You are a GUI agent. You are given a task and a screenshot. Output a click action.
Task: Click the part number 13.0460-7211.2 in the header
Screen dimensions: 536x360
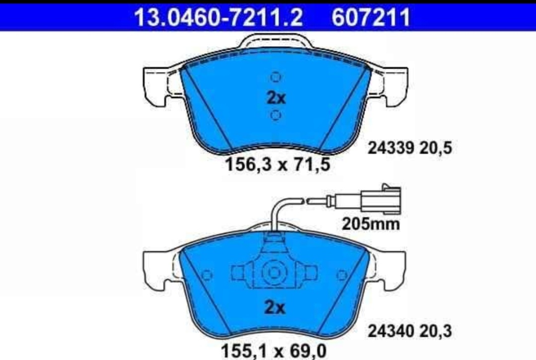[218, 17]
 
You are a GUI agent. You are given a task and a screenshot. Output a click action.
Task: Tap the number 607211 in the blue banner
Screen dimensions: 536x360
[371, 17]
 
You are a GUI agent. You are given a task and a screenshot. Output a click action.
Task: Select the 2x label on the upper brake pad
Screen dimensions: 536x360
[276, 98]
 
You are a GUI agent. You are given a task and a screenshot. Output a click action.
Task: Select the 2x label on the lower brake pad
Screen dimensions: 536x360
[275, 308]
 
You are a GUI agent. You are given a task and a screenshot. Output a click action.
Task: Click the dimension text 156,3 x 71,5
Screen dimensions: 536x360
[278, 164]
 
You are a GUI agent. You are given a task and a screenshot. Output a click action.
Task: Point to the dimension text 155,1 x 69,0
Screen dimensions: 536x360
[274, 350]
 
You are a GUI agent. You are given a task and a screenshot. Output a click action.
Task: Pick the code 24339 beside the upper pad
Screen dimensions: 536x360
[391, 148]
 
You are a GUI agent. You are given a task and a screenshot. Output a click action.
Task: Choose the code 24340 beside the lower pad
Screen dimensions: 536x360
[391, 331]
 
